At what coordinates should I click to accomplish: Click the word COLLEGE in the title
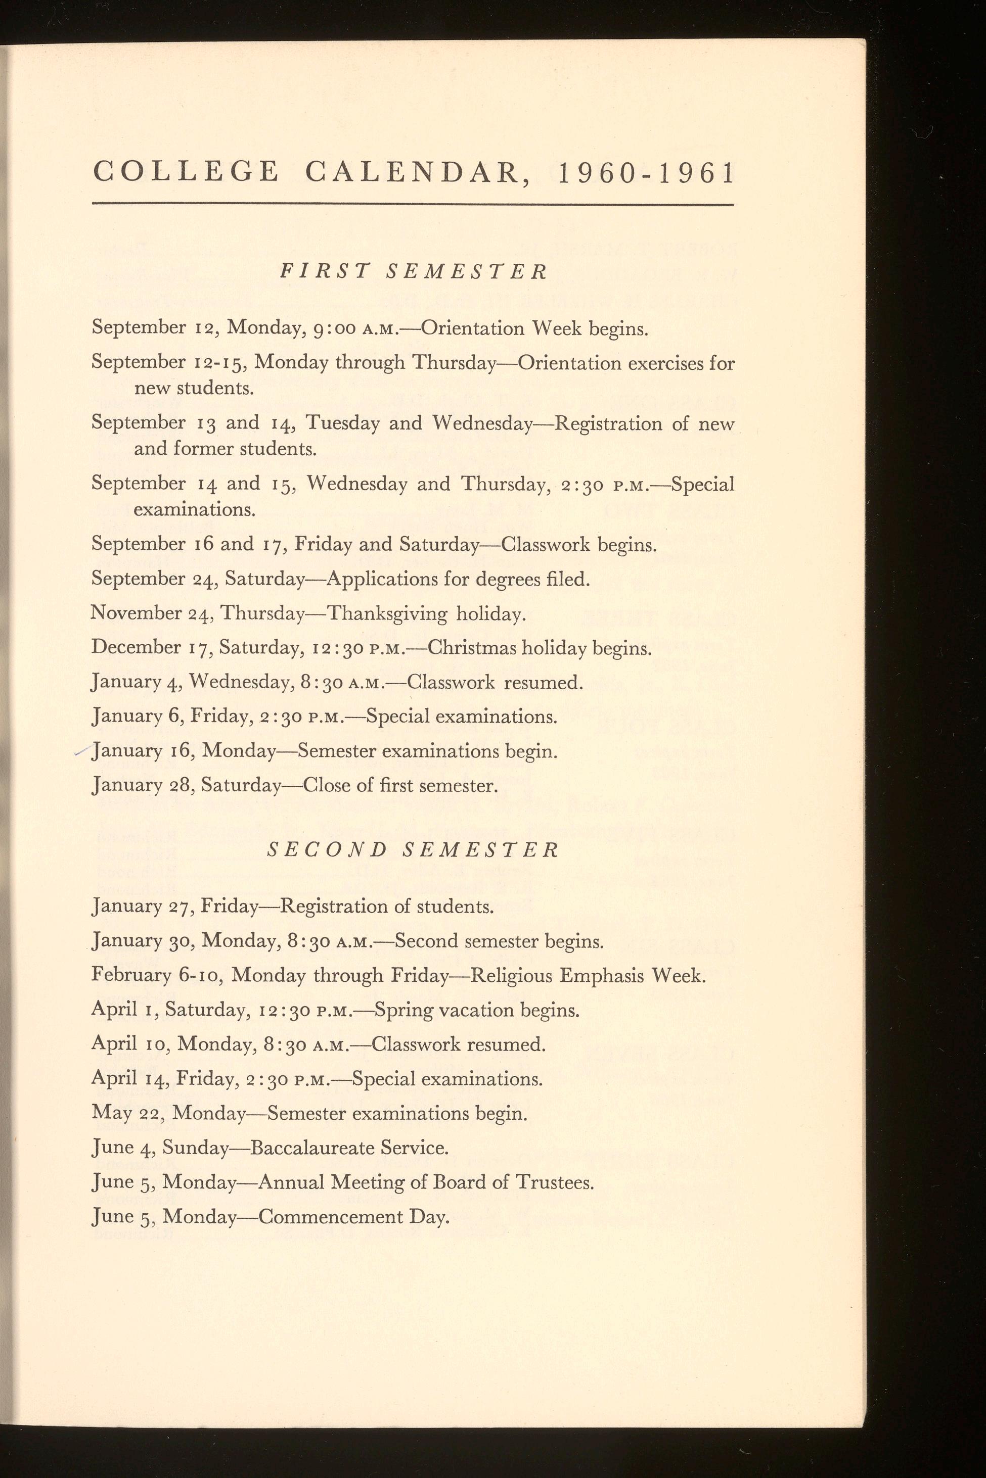click(186, 172)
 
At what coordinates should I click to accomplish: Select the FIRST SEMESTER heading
click(413, 271)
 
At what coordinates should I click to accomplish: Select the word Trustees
click(553, 1182)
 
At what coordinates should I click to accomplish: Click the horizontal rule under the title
click(413, 204)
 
